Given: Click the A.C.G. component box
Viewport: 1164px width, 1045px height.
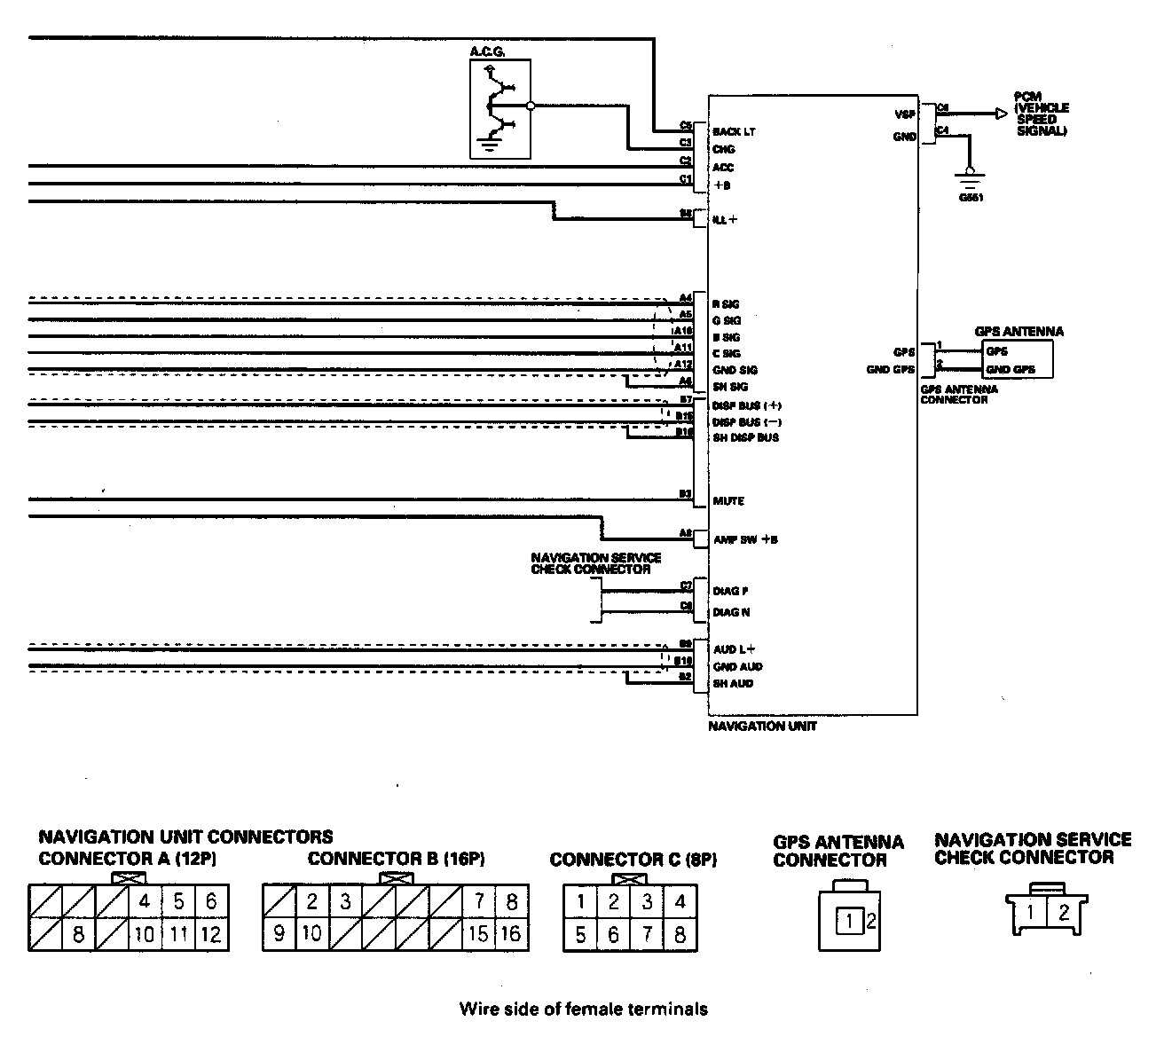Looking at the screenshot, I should pos(499,109).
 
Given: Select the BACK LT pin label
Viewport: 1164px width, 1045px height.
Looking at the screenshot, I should pos(734,132).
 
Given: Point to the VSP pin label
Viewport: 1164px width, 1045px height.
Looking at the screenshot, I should pos(904,114).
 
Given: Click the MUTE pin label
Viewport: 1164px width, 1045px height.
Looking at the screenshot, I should pos(728,501).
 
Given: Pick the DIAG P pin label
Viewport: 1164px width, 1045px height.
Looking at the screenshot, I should pos(732,591).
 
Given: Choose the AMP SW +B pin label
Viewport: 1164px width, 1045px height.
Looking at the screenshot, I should pos(745,539).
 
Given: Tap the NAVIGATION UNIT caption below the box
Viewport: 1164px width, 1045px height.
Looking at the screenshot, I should pos(762,727).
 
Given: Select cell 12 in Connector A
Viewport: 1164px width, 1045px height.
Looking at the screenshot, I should pos(210,934).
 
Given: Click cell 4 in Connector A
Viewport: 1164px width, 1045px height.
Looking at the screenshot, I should pos(145,902).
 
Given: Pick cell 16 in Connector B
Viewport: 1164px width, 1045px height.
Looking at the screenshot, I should pos(511,934).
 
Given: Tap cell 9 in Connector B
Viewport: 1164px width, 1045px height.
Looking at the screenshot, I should pos(279,934).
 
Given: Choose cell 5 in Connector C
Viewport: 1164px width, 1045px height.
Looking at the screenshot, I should pos(580,934).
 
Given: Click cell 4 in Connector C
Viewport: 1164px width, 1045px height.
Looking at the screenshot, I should pos(680,903).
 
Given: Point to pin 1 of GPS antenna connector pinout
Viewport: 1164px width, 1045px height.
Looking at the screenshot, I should pos(849,922).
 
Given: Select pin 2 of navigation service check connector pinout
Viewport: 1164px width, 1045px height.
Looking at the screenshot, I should pos(1064,912).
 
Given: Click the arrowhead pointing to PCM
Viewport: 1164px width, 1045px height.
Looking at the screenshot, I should pos(1000,114).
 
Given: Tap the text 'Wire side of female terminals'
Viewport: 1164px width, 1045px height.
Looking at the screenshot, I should pos(583,1009).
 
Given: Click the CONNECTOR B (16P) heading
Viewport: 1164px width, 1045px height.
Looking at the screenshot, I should pos(397,859).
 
